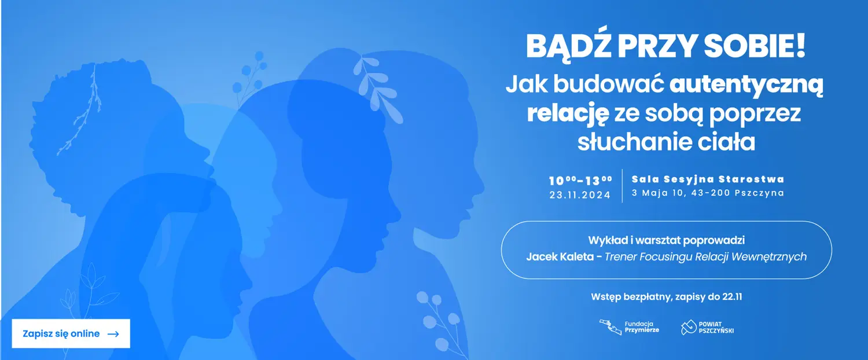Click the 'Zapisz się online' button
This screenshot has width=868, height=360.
pos(71,333)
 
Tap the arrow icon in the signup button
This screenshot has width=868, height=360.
pos(113,334)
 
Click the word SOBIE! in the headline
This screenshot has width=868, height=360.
pos(755,46)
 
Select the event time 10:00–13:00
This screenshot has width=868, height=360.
pos(580,181)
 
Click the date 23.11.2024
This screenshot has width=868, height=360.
pos(580,195)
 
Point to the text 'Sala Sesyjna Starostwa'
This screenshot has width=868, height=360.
pos(708,179)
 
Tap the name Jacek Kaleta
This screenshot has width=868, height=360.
pos(560,256)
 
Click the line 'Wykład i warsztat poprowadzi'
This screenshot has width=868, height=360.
pos(667,240)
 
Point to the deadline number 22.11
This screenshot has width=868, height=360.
pos(732,297)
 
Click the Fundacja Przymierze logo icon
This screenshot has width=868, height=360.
pos(610,328)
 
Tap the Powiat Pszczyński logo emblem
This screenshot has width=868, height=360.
pos(689,328)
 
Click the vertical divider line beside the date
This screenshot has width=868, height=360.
pos(622,186)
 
